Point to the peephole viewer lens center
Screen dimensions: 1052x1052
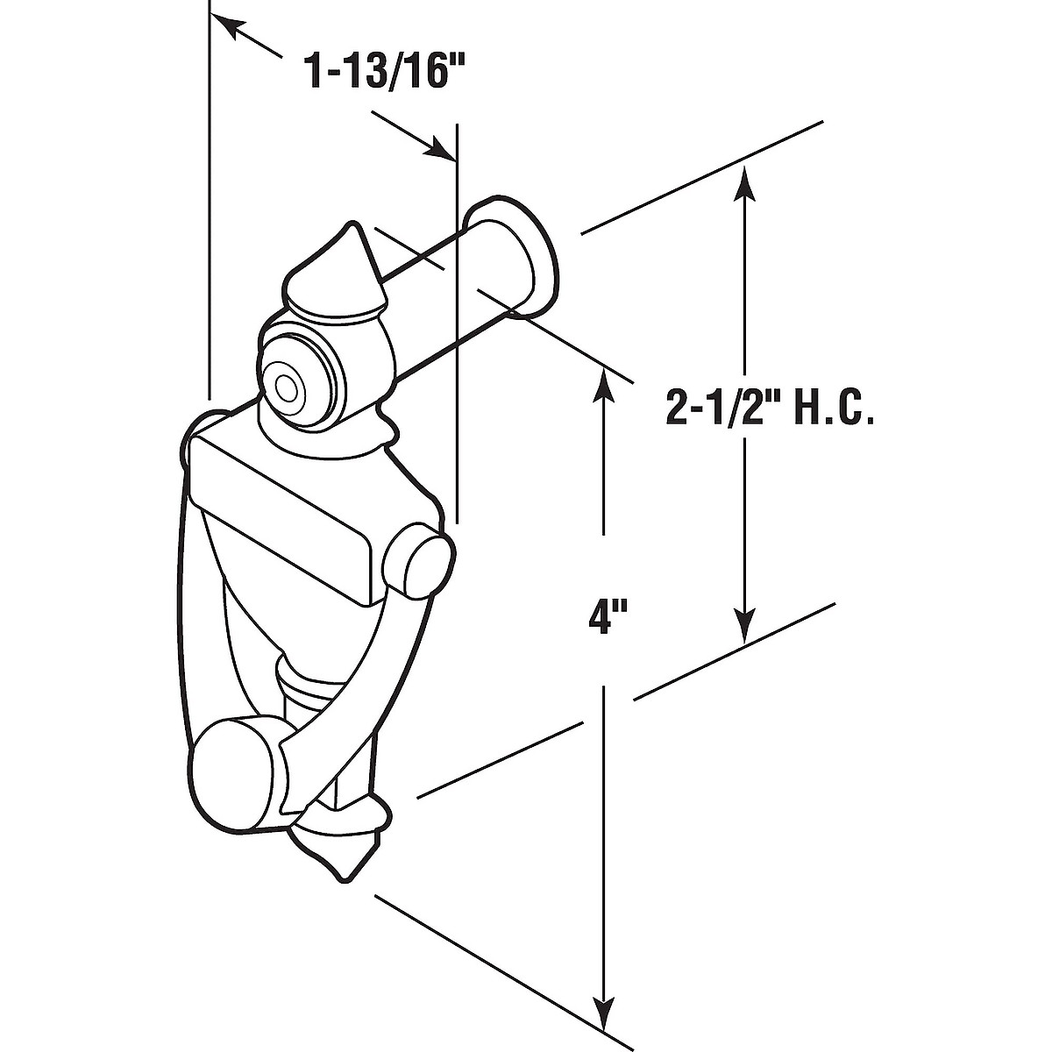(x=287, y=387)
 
